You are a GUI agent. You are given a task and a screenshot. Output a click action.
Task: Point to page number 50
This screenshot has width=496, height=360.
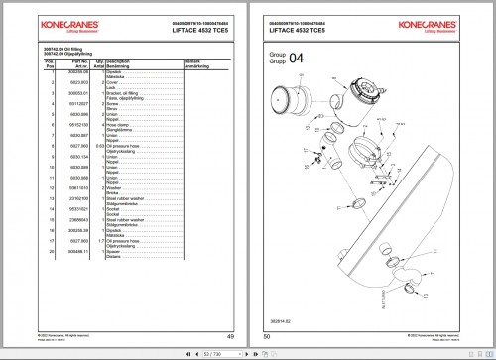point(268,338)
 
